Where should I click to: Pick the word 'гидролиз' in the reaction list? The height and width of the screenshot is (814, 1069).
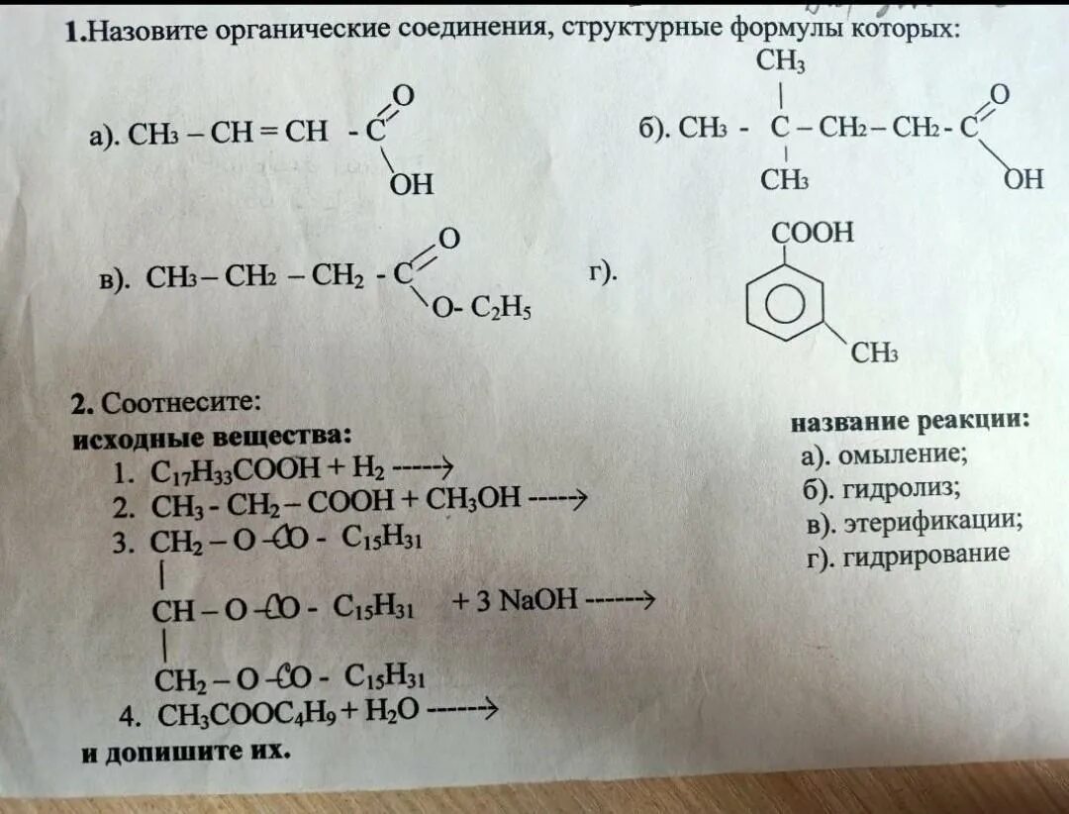click(x=898, y=488)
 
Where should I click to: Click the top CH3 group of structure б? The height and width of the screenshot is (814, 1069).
click(x=781, y=61)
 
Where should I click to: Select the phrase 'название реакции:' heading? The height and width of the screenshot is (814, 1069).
click(x=910, y=421)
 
